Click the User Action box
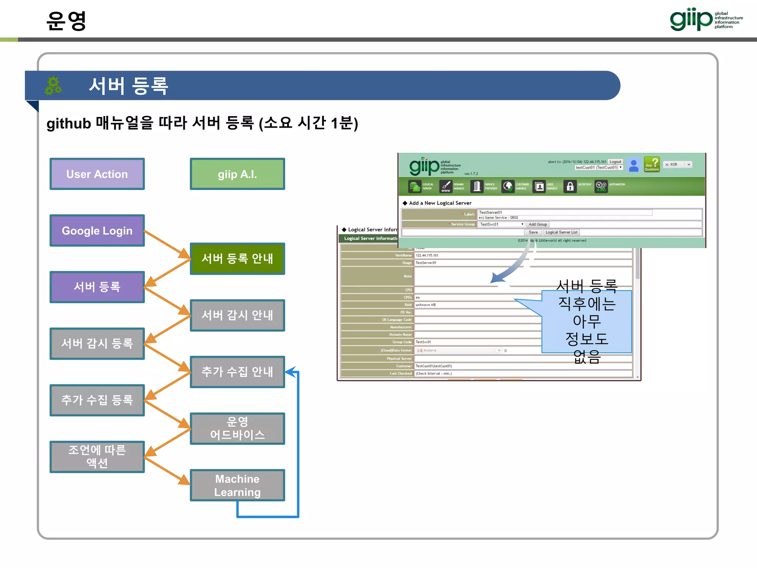coord(97,174)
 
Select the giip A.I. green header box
coord(237,174)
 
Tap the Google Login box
coord(97,231)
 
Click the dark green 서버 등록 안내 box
coord(237,258)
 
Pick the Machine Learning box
coord(237,485)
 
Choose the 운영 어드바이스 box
coord(237,429)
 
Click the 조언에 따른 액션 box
coord(97,457)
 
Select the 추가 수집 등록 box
coord(97,400)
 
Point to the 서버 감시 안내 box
coord(237,315)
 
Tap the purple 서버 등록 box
coord(97,287)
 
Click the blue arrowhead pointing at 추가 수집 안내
coord(291,372)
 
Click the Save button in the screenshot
coord(533,232)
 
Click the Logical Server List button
coord(561,232)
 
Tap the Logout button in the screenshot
coord(615,162)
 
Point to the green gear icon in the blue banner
coord(53,86)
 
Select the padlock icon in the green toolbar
coord(570,186)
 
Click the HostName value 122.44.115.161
coord(427,255)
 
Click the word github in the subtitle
coord(69,124)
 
